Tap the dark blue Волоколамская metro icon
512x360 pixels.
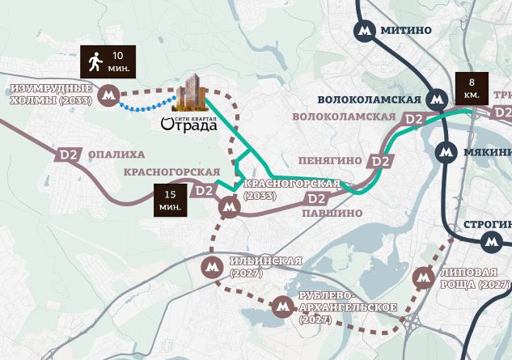438,99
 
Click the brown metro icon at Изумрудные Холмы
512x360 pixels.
108,95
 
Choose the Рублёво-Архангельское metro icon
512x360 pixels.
281,307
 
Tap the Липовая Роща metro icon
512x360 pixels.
423,278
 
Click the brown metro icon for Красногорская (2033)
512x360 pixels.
230,207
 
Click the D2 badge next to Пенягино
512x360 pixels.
380,161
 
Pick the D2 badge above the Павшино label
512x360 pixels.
316,198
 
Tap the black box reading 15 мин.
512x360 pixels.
171,200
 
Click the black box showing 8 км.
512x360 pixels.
472,88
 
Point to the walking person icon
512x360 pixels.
95,61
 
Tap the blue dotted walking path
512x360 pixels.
146,105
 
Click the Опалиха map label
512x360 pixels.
117,154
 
